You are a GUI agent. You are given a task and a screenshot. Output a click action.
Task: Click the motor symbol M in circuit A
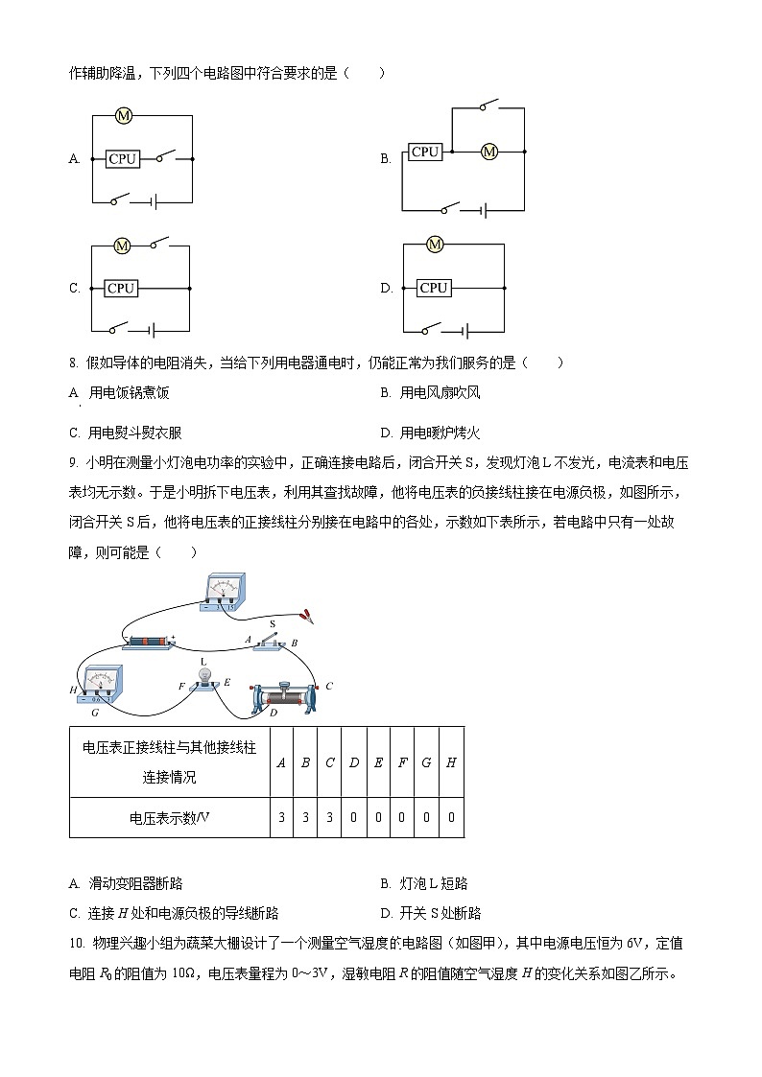pyautogui.click(x=123, y=116)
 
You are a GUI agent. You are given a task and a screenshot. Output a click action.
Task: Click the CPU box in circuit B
pyautogui.click(x=424, y=152)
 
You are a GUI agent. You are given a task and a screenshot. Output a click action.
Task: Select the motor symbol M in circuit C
pyautogui.click(x=122, y=246)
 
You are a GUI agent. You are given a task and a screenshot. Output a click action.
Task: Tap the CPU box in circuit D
pyautogui.click(x=434, y=288)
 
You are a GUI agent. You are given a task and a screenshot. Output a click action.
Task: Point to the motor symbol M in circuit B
pyautogui.click(x=489, y=152)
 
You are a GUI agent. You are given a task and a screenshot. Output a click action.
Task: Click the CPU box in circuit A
pyautogui.click(x=123, y=159)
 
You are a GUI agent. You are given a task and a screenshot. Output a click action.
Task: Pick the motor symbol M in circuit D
pyautogui.click(x=435, y=245)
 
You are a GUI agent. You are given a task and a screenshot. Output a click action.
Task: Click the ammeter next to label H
pyautogui.click(x=100, y=685)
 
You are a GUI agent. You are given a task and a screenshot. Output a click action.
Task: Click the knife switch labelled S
pyautogui.click(x=274, y=641)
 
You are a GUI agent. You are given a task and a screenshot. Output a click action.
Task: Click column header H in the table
pyautogui.click(x=451, y=762)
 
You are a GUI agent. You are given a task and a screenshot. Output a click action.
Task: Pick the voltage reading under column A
pyautogui.click(x=281, y=818)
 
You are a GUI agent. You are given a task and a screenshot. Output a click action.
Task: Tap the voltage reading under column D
pyautogui.click(x=354, y=818)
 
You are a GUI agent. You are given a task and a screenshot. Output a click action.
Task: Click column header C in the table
pyautogui.click(x=329, y=762)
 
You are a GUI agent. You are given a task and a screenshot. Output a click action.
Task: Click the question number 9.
pyautogui.click(x=74, y=463)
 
